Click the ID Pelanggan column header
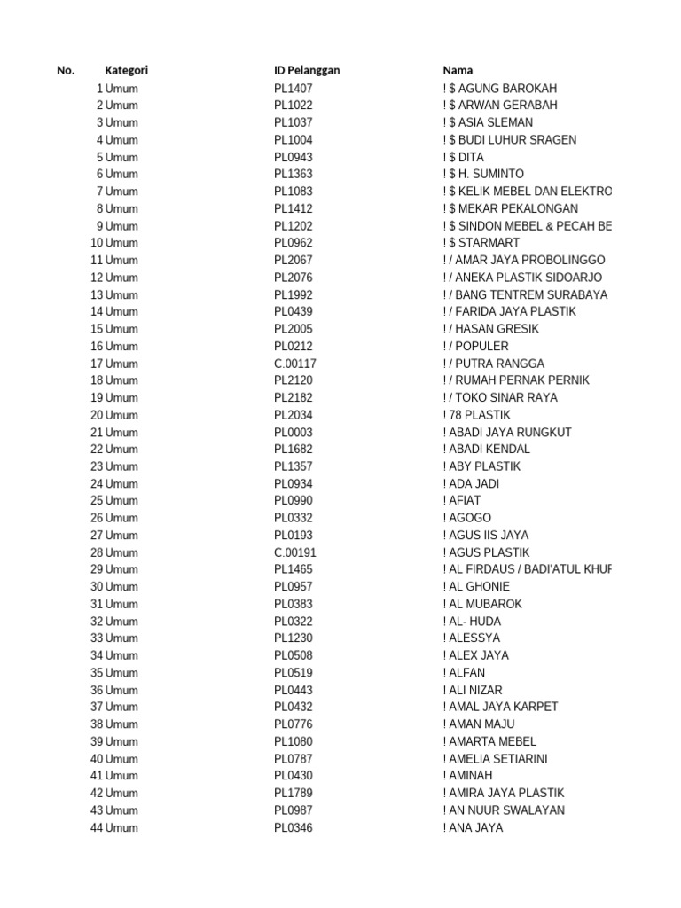tap(307, 71)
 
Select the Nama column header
tap(458, 71)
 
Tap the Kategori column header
tap(126, 71)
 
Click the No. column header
tap(66, 71)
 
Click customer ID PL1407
tap(293, 89)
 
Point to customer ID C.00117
tap(295, 364)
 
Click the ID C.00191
tap(295, 552)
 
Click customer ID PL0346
tap(293, 828)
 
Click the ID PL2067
tap(293, 260)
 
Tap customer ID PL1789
tap(293, 793)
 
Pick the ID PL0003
tap(293, 433)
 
